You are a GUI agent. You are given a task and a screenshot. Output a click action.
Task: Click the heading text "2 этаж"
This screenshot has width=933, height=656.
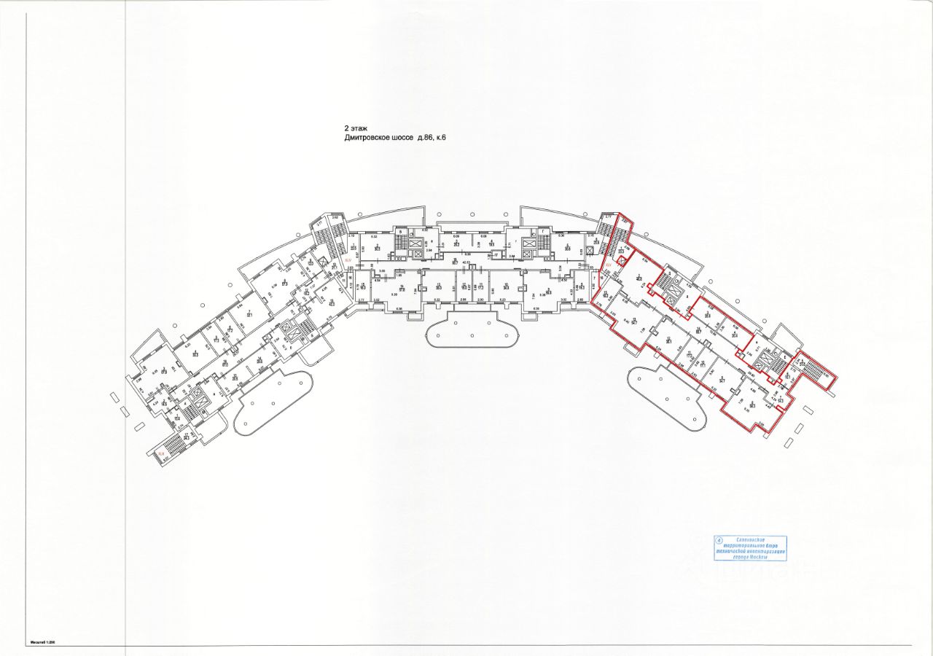[356, 128]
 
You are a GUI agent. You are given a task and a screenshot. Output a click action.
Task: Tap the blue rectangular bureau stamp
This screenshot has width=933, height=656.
[751, 547]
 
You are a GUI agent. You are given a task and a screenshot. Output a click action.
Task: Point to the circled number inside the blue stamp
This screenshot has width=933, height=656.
[720, 541]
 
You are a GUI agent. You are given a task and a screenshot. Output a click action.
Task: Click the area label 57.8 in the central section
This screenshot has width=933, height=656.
[403, 287]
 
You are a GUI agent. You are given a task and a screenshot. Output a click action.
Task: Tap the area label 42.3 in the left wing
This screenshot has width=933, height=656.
[332, 303]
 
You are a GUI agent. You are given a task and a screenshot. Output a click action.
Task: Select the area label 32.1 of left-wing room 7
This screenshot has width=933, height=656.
[249, 314]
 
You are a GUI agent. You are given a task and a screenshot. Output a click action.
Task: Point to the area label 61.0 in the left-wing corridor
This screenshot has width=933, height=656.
[225, 364]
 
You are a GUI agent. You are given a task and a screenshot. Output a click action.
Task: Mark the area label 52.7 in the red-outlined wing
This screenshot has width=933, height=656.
[634, 321]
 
